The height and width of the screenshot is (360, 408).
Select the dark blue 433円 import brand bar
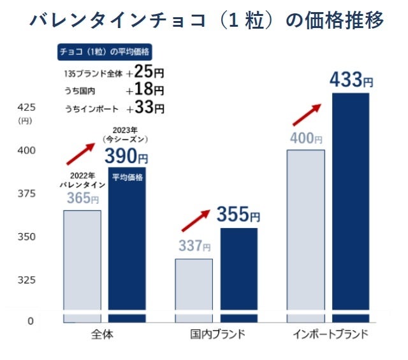(351, 204)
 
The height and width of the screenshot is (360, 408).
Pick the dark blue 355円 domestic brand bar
(239, 274)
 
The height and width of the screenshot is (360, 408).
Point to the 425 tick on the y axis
(26, 106)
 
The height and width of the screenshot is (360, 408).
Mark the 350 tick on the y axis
(26, 237)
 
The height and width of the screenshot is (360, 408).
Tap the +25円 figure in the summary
(145, 72)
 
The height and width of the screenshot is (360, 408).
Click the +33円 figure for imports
(145, 108)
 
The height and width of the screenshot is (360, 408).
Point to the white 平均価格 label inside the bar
(127, 177)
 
